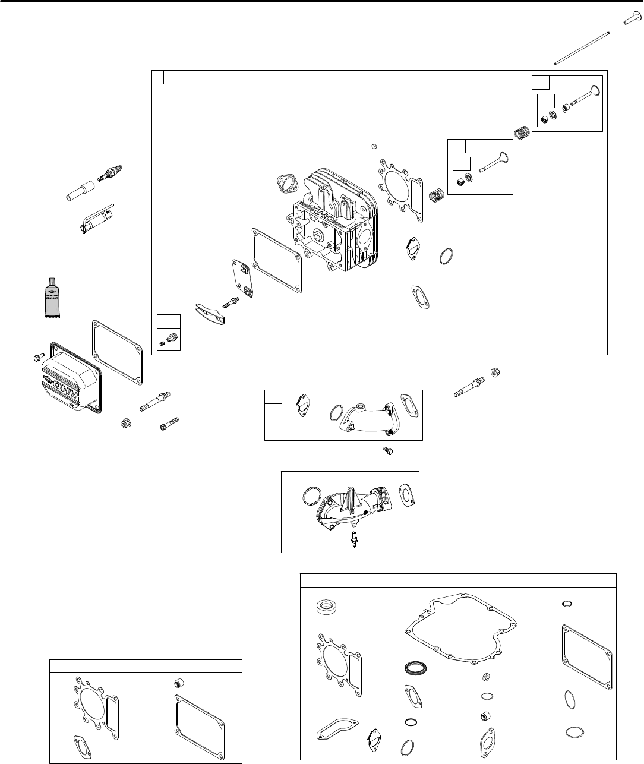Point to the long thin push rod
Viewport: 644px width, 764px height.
click(x=588, y=47)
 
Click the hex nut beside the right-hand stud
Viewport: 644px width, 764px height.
click(x=493, y=372)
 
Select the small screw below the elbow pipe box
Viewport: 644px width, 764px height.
click(x=389, y=452)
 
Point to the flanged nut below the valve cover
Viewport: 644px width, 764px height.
click(x=124, y=424)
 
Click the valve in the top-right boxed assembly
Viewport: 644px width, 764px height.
click(x=582, y=99)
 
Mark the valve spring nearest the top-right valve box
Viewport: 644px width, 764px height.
click(x=522, y=134)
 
